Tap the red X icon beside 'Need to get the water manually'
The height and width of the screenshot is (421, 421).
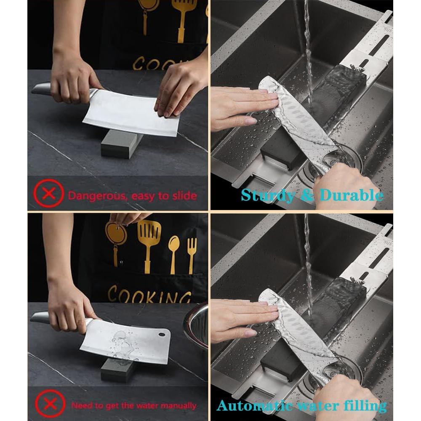[x=50, y=405]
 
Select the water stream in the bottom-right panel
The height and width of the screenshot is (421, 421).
[x=308, y=261]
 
